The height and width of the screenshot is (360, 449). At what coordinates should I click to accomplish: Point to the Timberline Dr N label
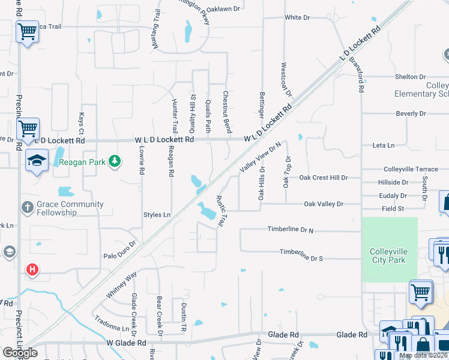click(x=291, y=230)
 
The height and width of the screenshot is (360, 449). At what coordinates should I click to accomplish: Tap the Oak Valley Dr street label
click(x=324, y=204)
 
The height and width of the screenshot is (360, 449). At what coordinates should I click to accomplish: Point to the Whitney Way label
click(x=122, y=284)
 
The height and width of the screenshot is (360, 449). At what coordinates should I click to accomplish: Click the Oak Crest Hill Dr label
click(x=324, y=178)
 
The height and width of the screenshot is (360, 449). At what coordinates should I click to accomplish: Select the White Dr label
click(x=297, y=17)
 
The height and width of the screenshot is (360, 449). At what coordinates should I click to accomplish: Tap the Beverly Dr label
click(x=411, y=113)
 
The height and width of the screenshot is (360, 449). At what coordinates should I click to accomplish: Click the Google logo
click(x=20, y=353)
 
